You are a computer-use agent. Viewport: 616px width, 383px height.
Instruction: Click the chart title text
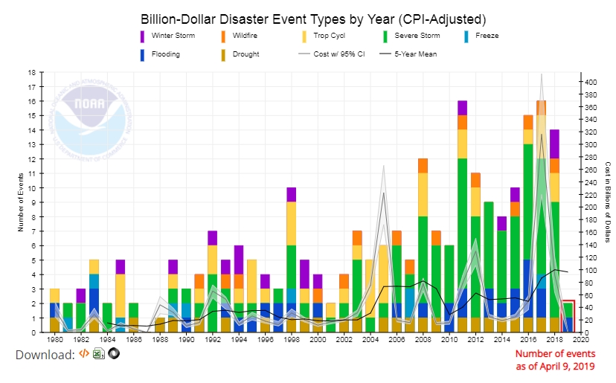point(305,18)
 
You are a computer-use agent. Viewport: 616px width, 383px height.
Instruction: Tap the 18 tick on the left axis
point(31,73)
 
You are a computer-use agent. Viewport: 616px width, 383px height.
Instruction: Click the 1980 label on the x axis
point(55,340)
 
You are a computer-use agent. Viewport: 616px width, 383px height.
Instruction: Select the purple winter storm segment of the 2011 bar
point(462,108)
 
